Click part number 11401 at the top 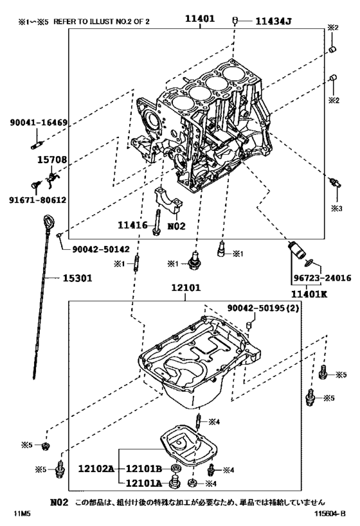[x=195, y=20]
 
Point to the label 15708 [x=46, y=158]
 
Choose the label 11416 [x=132, y=225]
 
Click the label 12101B [x=143, y=469]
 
